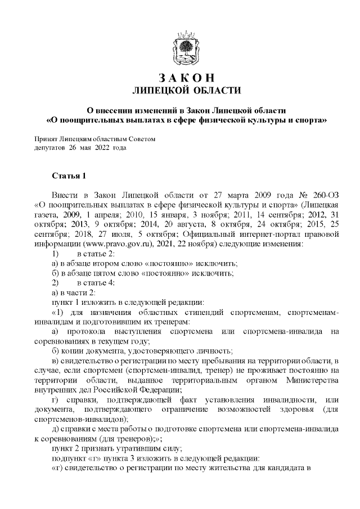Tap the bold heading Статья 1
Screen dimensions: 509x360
click(69, 177)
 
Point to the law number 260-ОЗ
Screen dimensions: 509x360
click(324, 194)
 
